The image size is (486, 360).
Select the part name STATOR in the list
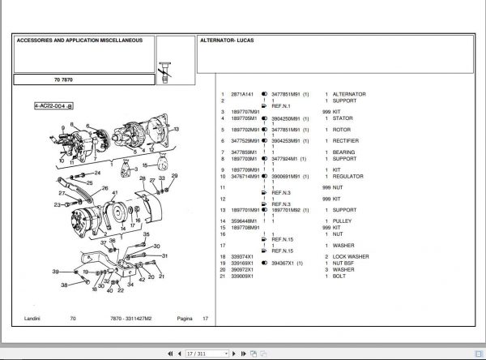tap(343, 118)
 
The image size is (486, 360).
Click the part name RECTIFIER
tap(347, 140)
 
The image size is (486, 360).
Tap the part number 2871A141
tap(243, 94)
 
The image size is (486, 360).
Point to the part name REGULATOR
tap(349, 175)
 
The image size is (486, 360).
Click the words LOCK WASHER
tap(353, 255)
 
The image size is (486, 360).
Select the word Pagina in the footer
tap(185, 319)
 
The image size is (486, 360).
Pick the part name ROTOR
tap(343, 129)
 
